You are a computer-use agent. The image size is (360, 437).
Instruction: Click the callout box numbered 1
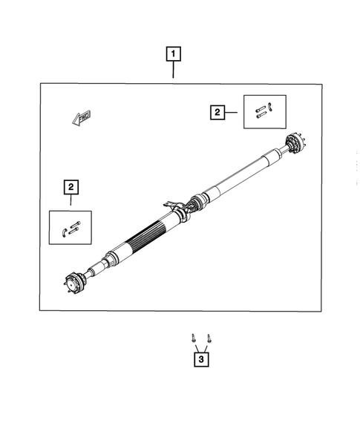click(173, 54)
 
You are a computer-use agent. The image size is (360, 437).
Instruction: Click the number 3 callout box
click(200, 361)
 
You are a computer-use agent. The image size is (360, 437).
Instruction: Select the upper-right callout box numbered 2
click(217, 112)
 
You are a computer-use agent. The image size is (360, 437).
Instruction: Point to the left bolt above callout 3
click(194, 339)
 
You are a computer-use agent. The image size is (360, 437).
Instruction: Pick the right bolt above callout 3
click(209, 339)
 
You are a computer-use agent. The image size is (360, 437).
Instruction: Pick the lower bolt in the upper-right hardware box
click(260, 116)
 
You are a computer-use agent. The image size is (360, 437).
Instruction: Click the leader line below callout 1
click(173, 70)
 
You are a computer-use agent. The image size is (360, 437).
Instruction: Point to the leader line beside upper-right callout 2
click(231, 112)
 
